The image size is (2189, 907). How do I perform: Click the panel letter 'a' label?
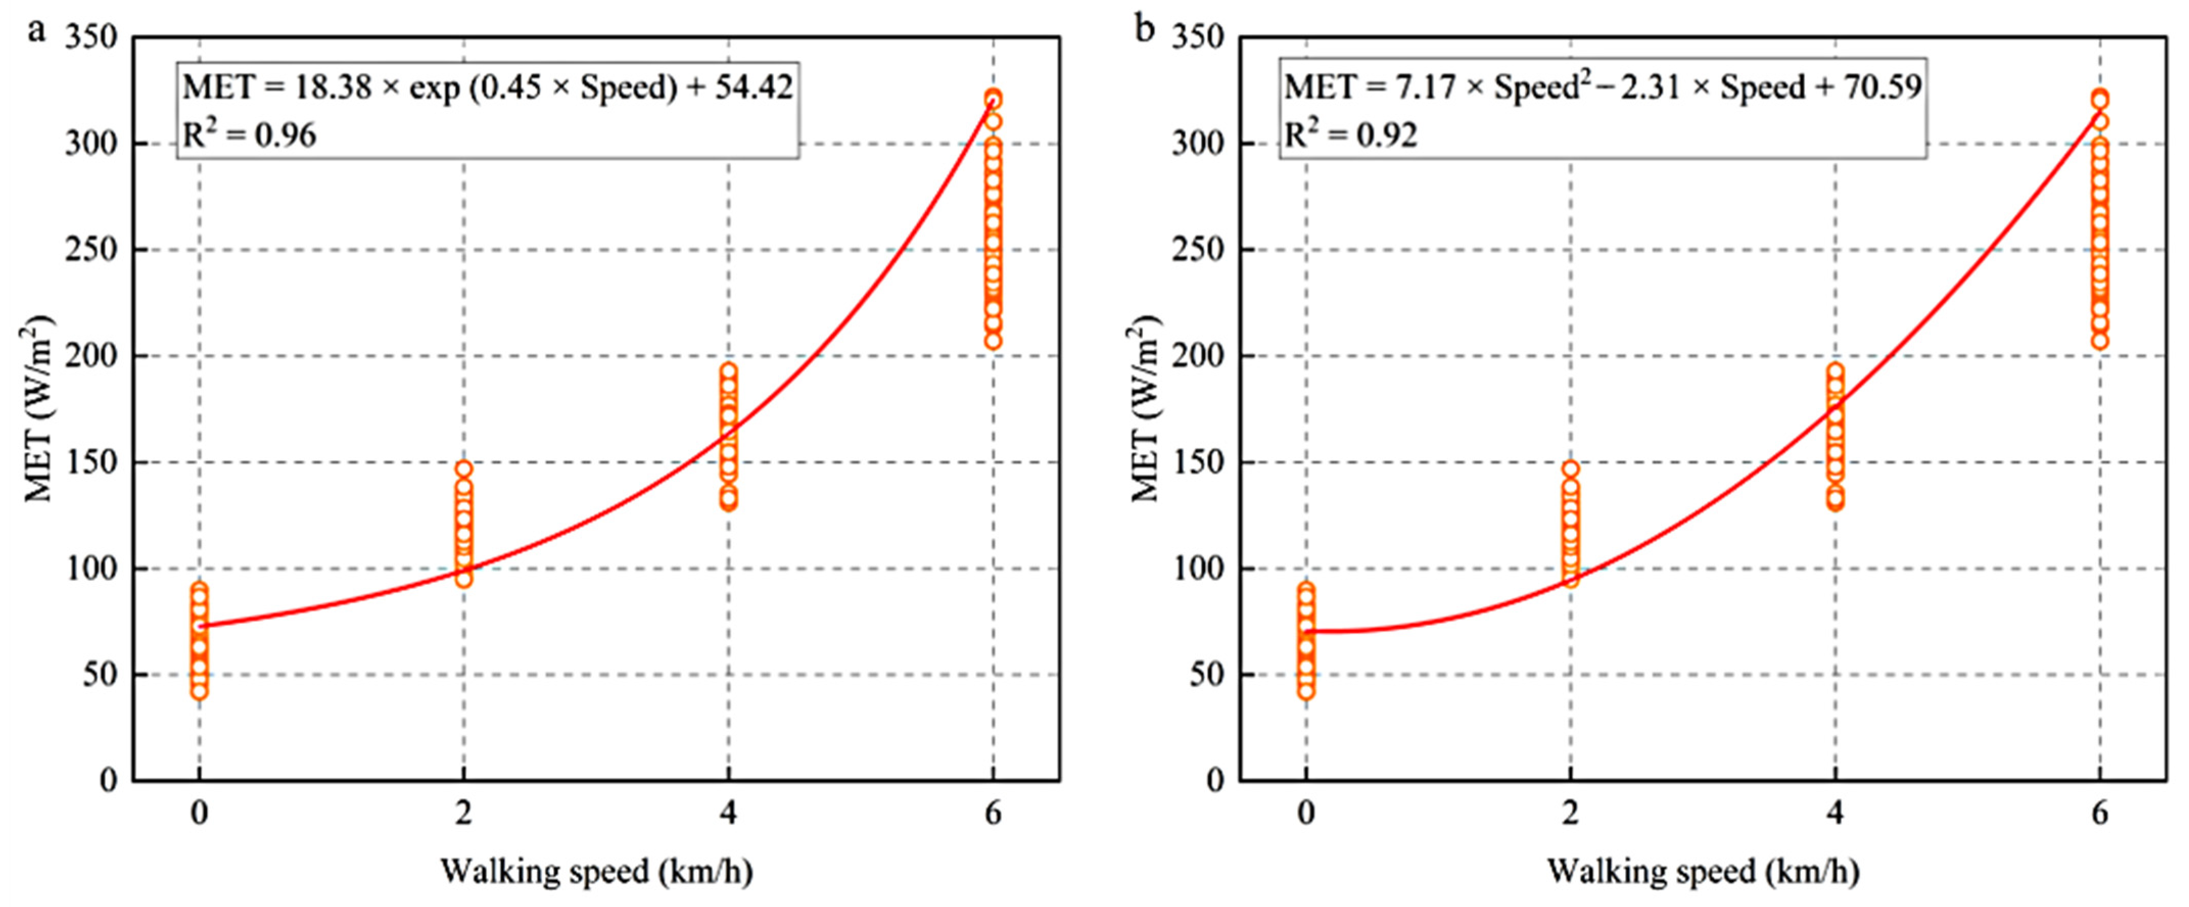click(x=36, y=32)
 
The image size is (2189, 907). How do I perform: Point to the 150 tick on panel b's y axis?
click(x=1198, y=463)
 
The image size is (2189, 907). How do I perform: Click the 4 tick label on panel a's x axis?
click(x=728, y=814)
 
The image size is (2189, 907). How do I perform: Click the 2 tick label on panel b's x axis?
click(x=1570, y=814)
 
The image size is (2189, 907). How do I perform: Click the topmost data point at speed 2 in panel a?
click(x=463, y=469)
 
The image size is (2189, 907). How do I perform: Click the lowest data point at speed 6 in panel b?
click(x=2100, y=340)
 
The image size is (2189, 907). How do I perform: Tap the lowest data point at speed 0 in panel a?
click(x=199, y=691)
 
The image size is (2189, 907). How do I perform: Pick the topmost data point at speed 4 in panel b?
click(x=1835, y=371)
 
